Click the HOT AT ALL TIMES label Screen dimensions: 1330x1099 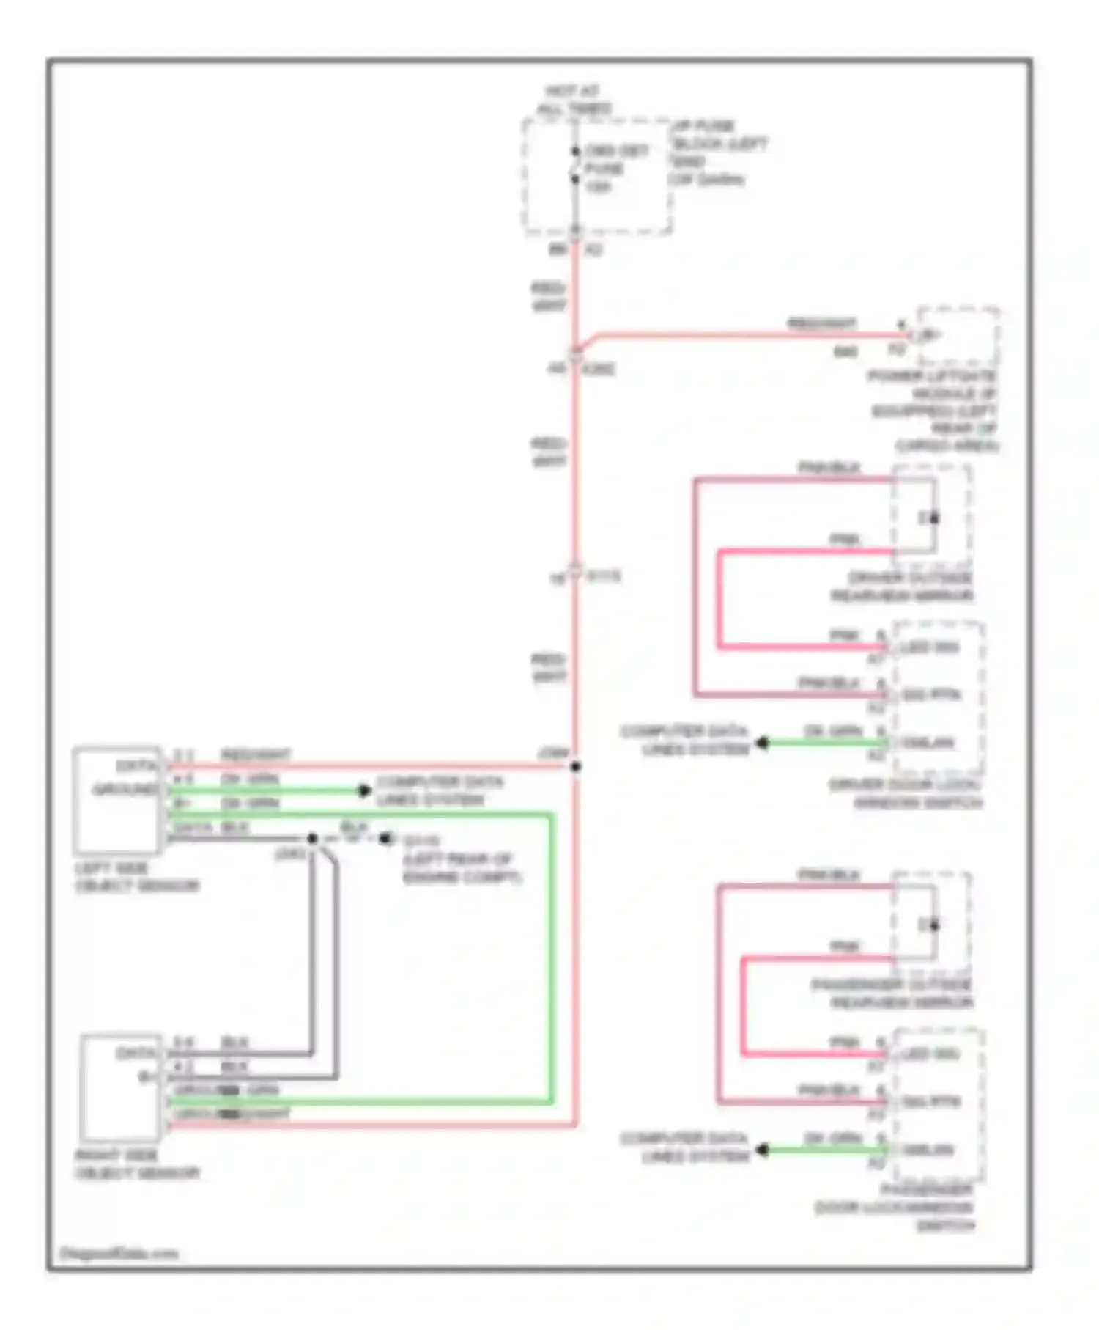pos(574,100)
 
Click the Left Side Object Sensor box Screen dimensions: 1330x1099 pos(118,800)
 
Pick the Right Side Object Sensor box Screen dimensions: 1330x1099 pos(122,1087)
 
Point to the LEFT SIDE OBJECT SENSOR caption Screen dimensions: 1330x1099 pos(136,877)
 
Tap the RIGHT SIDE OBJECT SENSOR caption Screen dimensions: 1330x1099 pos(136,1164)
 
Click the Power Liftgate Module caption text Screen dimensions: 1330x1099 pos(934,411)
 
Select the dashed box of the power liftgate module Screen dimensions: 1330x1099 pos(958,337)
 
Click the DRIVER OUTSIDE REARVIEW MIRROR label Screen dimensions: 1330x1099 pos(903,587)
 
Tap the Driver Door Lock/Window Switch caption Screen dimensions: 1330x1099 pos(907,793)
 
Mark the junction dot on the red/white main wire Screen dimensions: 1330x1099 pos(576,767)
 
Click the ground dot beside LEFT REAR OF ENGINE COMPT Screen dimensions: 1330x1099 pos(384,838)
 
